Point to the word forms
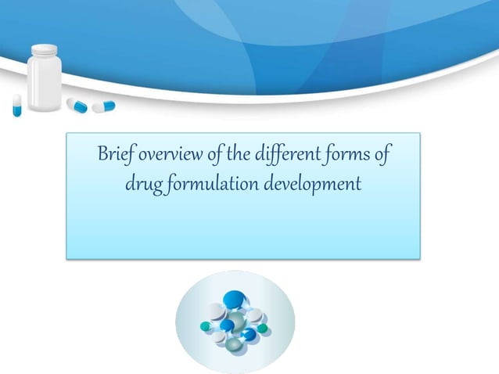click(345, 154)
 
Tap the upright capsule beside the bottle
click(16, 105)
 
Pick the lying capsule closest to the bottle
click(77, 104)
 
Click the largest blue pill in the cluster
click(233, 299)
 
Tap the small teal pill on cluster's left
click(205, 325)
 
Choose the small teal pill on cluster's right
click(264, 328)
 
